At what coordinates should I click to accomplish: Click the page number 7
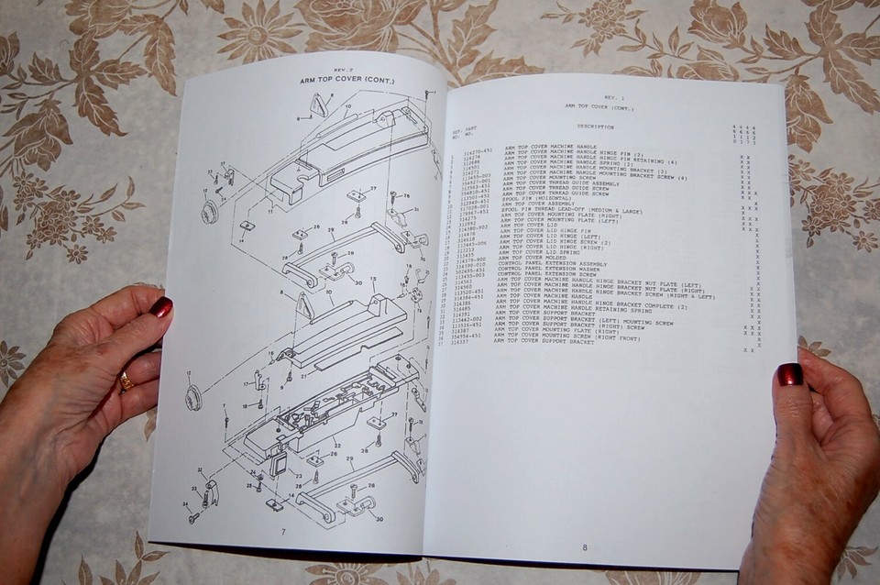point(283,532)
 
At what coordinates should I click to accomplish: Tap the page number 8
point(584,548)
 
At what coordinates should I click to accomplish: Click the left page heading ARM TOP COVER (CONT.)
point(346,81)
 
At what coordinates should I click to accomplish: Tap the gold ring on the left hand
point(126,381)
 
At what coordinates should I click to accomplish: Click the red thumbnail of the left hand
point(161,306)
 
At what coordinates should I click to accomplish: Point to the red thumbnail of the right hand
point(789,374)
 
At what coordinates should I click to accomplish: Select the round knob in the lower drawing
point(194,397)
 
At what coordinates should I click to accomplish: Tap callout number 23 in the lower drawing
point(297,476)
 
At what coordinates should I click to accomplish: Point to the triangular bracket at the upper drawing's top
point(317,105)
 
